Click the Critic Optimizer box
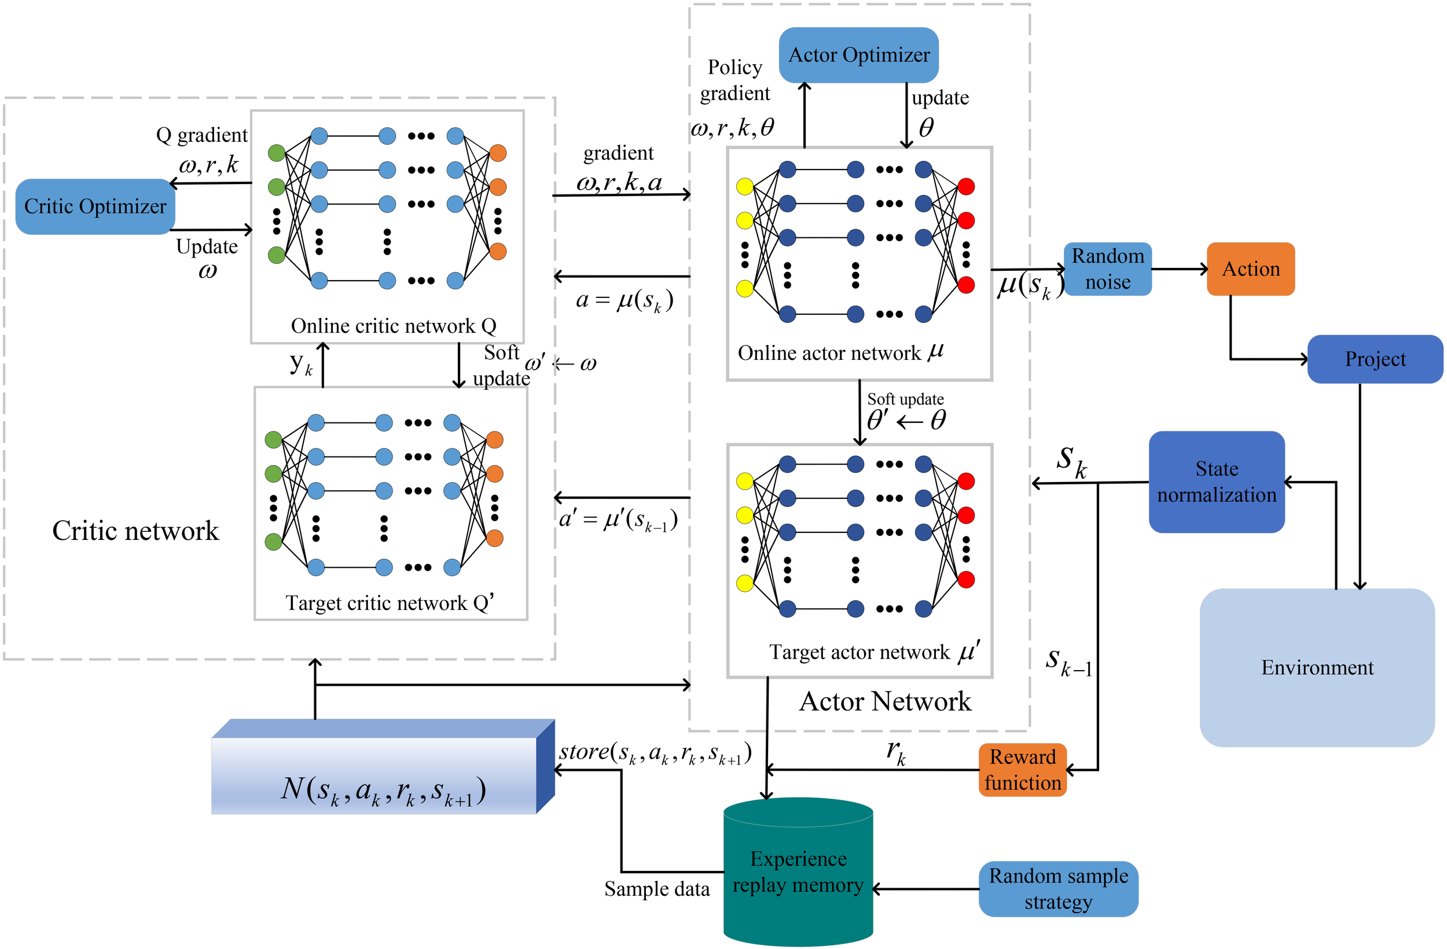(x=95, y=207)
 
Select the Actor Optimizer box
(x=858, y=56)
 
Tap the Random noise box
(x=1107, y=268)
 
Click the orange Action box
(x=1250, y=268)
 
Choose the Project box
(x=1375, y=359)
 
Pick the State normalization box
(x=1216, y=482)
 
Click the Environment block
(x=1316, y=667)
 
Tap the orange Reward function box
(x=1022, y=769)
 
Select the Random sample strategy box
(x=1058, y=888)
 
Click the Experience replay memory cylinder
(x=798, y=873)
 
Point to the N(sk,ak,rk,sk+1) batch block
(x=383, y=775)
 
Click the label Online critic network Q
(x=394, y=326)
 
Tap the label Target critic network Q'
(x=389, y=602)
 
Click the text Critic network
(x=135, y=531)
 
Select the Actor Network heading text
(x=884, y=701)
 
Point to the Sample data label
(x=656, y=889)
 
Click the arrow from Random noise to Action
(x=1179, y=268)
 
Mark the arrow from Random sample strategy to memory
(x=926, y=889)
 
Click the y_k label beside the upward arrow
(x=300, y=363)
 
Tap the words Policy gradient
(x=734, y=80)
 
